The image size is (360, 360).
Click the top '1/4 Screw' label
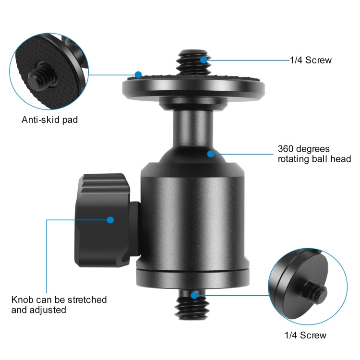[x=311, y=60]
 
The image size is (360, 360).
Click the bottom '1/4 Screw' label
[x=305, y=335]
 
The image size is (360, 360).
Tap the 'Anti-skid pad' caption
[x=49, y=120]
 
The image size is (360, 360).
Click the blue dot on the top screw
[x=204, y=60]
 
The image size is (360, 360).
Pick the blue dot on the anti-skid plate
[x=138, y=75]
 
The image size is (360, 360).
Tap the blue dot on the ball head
[x=210, y=154]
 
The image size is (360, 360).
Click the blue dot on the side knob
[x=110, y=220]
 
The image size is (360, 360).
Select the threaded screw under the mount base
[x=192, y=307]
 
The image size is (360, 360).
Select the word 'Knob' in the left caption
[x=22, y=300]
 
